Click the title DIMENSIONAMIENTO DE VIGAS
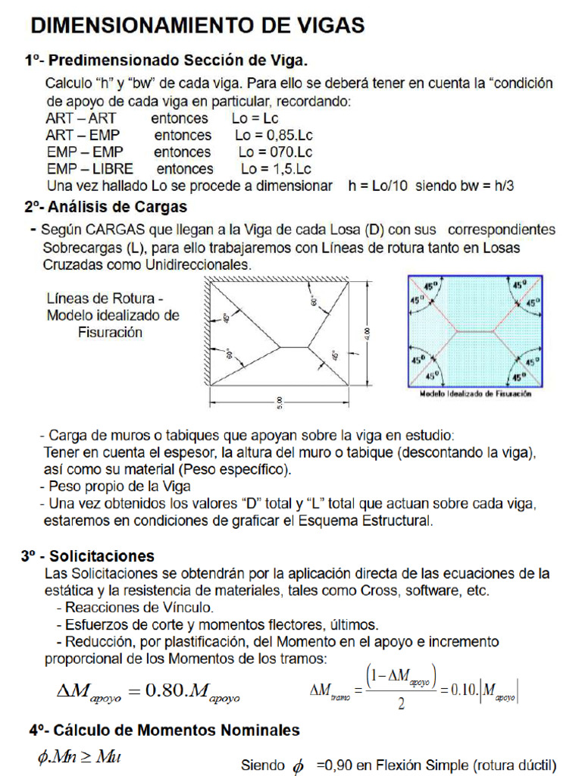197,26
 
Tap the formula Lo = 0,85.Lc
274,136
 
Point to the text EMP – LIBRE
89,169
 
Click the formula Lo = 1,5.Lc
276,169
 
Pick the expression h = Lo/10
377,186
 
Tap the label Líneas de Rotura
105,299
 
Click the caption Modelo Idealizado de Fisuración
476,394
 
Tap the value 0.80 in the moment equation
162,690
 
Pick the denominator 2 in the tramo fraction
400,705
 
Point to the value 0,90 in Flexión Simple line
338,765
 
